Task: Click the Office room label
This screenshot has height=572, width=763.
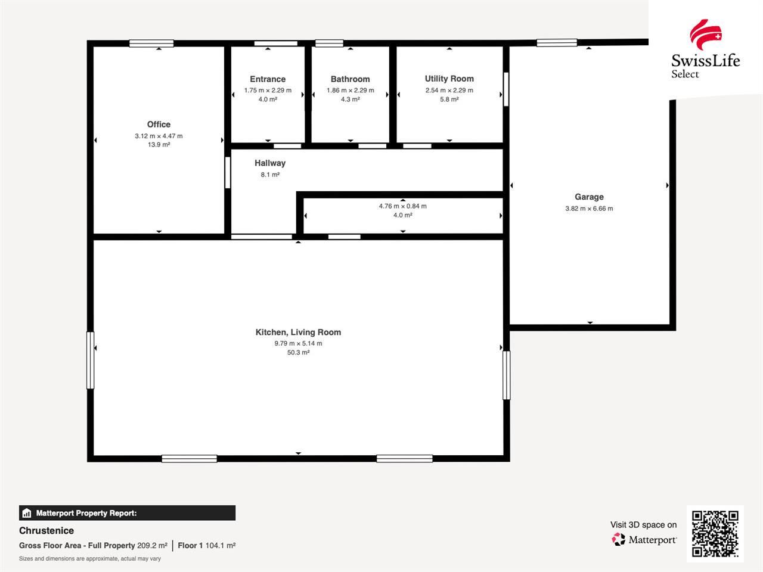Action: pos(159,125)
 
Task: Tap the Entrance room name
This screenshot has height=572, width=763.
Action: pos(268,79)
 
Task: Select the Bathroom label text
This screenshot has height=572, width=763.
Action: pos(350,79)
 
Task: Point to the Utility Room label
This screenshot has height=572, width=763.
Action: pos(449,79)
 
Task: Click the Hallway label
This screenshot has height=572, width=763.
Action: pos(270,163)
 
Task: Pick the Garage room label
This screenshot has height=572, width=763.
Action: pos(589,197)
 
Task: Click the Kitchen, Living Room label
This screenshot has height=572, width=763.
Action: pos(298,332)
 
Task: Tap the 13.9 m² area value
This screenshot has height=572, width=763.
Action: pos(159,145)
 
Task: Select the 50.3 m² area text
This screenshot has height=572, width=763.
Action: pos(298,353)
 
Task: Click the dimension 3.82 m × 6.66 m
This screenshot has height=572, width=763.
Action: pos(589,209)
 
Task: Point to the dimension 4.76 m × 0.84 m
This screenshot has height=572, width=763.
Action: pos(402,206)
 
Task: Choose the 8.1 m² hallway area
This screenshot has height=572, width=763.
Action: pos(270,175)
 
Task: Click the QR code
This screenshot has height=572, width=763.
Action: pos(715,533)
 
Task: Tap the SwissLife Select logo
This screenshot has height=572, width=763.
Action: pos(705,49)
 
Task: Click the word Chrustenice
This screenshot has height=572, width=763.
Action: pos(46,531)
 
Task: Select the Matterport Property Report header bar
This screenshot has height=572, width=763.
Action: pos(127,513)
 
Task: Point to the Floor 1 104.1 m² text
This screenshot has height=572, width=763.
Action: pos(206,546)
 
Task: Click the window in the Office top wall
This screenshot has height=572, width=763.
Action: pos(151,43)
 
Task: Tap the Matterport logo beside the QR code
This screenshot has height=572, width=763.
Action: pos(644,540)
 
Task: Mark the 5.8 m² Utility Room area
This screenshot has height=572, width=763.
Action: pos(449,100)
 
